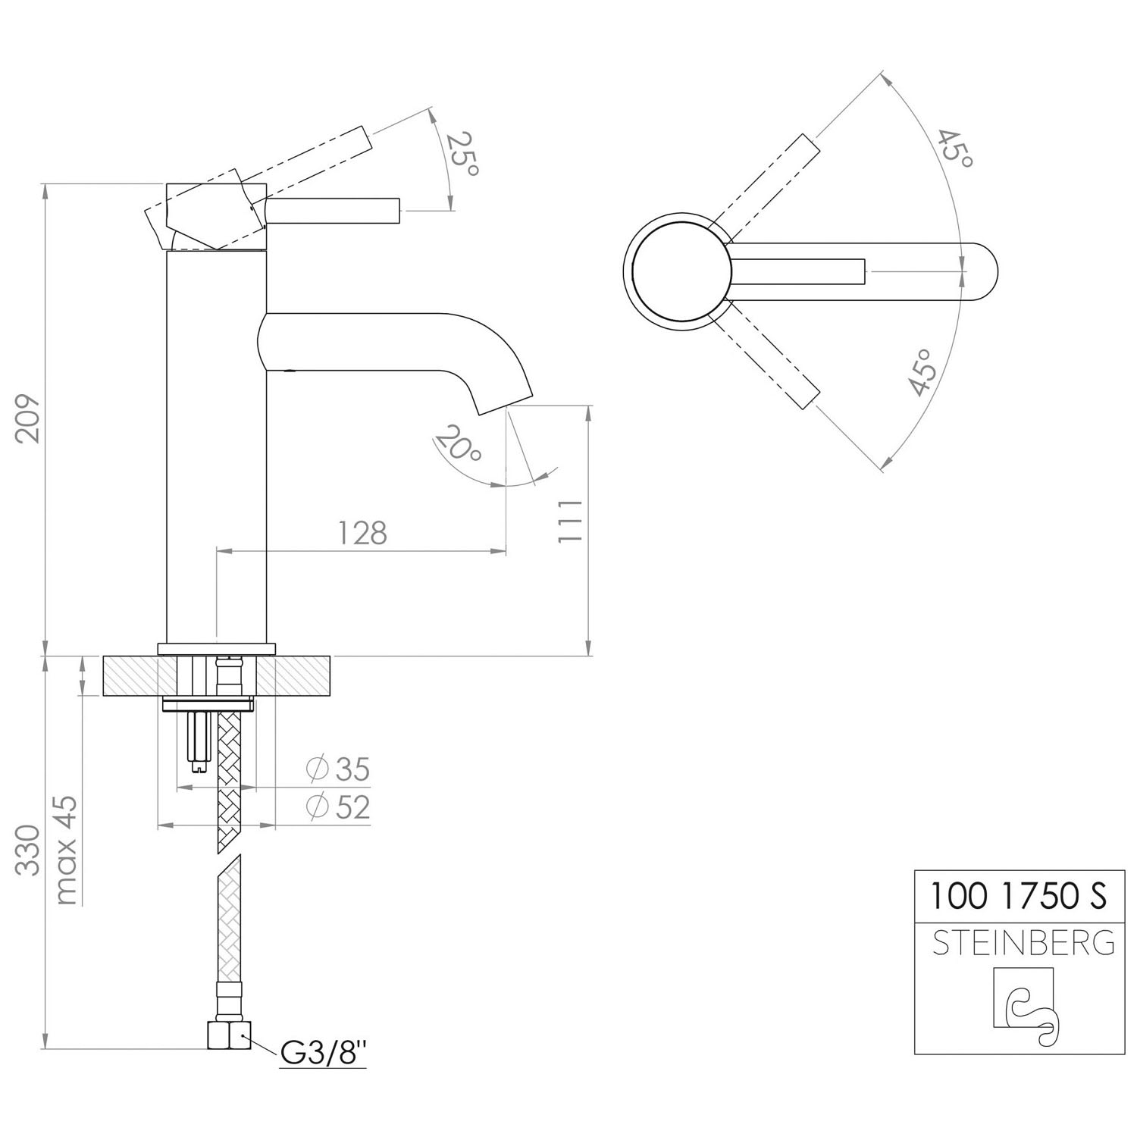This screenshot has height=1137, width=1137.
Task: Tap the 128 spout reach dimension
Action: pyautogui.click(x=362, y=533)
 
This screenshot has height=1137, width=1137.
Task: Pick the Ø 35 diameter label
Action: pyautogui.click(x=338, y=770)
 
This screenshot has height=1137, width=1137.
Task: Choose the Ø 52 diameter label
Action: pyautogui.click(x=338, y=807)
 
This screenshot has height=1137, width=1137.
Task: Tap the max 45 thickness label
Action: pyautogui.click(x=67, y=850)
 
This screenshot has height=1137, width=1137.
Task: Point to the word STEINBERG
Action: pyautogui.click(x=1023, y=944)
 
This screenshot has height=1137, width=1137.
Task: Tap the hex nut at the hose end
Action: pyautogui.click(x=229, y=1035)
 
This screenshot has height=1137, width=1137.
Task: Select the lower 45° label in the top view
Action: pyautogui.click(x=921, y=372)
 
